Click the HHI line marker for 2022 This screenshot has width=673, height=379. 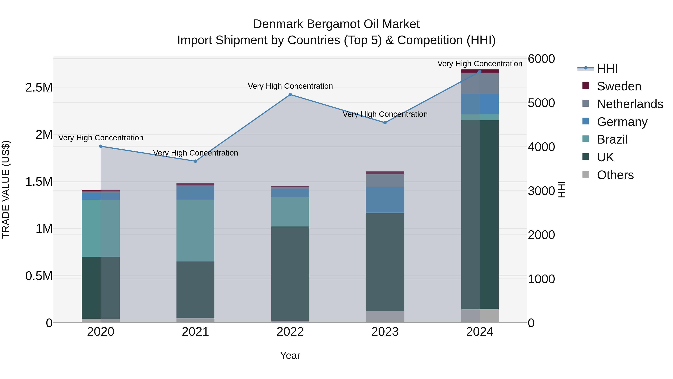pos(290,95)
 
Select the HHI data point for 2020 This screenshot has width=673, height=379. pos(101,146)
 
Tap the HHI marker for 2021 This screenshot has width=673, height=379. pos(195,161)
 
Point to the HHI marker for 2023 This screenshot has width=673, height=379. pos(385,123)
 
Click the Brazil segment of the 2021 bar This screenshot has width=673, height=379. pos(195,231)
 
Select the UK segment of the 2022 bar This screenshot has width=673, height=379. pos(290,273)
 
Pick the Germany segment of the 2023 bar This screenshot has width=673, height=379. pos(385,200)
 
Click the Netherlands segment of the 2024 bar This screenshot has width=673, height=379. pos(480,83)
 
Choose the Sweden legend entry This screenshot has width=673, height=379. pos(619,86)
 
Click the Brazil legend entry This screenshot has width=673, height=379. pos(612,139)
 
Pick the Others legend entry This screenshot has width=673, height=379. pos(615,175)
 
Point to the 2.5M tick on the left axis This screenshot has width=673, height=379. pos(39,88)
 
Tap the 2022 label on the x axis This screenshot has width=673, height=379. pos(290,332)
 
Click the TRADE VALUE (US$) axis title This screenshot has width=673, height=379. pos(6,189)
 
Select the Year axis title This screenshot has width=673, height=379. pos(290,355)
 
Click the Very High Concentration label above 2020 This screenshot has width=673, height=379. pos(101,138)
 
